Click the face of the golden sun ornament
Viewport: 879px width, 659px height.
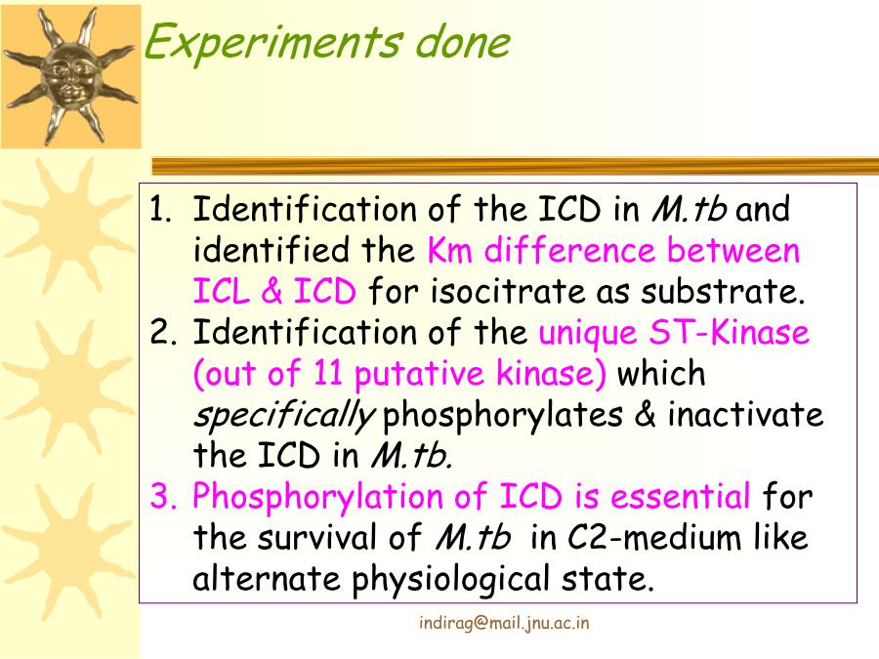70,78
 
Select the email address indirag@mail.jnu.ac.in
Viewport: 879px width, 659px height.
504,623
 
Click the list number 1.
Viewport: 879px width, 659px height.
160,209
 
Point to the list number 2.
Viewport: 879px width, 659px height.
163,332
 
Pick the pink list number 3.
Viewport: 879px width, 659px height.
163,497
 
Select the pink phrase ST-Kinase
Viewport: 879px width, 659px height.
730,332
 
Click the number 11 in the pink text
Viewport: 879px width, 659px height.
327,373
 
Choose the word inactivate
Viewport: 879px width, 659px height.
745,414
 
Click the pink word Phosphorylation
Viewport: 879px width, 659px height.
317,498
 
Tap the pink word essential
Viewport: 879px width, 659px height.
680,497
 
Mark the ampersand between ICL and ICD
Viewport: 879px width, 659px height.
272,291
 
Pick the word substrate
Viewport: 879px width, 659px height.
723,291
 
